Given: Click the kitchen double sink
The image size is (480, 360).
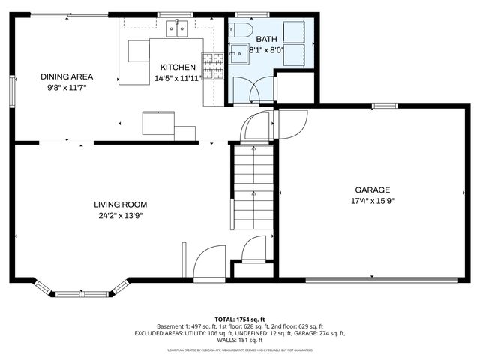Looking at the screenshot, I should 177,29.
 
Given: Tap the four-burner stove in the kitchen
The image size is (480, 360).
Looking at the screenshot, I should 213,67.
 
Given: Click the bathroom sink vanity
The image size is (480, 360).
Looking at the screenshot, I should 240,55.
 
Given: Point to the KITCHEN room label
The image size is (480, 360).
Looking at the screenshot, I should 178,67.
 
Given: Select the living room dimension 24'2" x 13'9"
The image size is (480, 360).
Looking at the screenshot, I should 120,215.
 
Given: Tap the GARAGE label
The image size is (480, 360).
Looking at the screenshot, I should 373,190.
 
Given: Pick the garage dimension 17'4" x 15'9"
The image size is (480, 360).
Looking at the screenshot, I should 373,201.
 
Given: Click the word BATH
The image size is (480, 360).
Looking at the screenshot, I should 266,39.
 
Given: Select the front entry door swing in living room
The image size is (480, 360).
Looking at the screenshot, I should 208,262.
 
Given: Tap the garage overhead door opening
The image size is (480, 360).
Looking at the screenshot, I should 382,280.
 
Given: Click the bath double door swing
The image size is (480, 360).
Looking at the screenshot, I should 251,89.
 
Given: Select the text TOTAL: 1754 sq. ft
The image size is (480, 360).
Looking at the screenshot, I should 240,319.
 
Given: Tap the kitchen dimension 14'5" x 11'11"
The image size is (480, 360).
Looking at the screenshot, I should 178,78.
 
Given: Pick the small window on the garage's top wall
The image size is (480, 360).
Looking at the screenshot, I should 385,106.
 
